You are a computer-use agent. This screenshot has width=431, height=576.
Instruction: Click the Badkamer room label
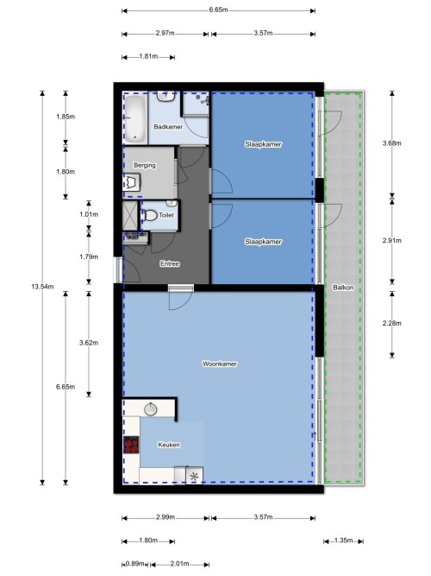pos(168,127)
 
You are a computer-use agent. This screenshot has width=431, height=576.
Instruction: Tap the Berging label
pos(145,165)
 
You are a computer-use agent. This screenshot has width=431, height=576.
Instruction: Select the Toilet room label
pos(166,215)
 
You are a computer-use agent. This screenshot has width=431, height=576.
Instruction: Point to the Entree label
pos(170,263)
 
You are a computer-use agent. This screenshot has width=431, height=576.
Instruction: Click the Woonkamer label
pos(220,364)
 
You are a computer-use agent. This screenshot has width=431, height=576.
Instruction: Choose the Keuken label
pos(169,445)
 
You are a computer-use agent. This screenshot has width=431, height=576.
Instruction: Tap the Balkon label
pos(343,288)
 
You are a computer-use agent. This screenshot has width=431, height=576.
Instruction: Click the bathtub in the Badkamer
pos(134,117)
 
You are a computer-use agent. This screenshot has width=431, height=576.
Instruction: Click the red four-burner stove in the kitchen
pos(131,445)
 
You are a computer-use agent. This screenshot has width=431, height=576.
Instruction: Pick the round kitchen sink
pos(150,408)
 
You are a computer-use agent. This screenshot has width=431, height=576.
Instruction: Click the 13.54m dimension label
pos(42,287)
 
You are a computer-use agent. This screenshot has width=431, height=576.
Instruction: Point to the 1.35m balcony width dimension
pos(344,541)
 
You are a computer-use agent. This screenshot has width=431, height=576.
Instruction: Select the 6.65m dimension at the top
pos(219,9)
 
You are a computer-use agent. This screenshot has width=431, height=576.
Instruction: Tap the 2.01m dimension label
pos(180,564)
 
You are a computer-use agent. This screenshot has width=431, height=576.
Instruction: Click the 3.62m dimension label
pos(89,343)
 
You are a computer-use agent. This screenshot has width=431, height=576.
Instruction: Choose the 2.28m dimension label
pos(391,323)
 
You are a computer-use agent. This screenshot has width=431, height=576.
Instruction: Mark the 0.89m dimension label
pos(137,564)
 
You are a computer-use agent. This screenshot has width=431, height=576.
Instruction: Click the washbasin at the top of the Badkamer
pos(166,96)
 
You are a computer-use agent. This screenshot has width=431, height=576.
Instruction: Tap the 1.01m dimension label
pos(89,214)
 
